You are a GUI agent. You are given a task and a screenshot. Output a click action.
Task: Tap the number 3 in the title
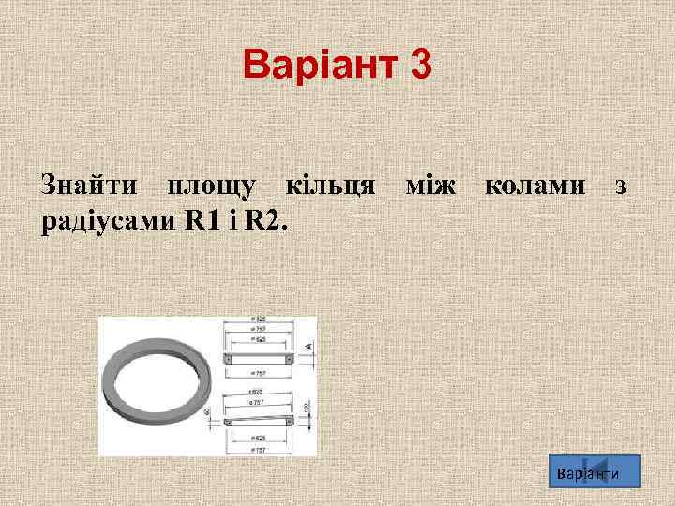coord(420,66)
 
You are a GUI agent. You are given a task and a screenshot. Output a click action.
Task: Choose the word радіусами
coord(111,221)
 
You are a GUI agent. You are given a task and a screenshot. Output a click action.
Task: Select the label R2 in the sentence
coord(265,221)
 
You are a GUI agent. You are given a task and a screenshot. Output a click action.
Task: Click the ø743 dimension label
coord(258,330)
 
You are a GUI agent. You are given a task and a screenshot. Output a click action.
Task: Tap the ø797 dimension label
coord(259,372)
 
